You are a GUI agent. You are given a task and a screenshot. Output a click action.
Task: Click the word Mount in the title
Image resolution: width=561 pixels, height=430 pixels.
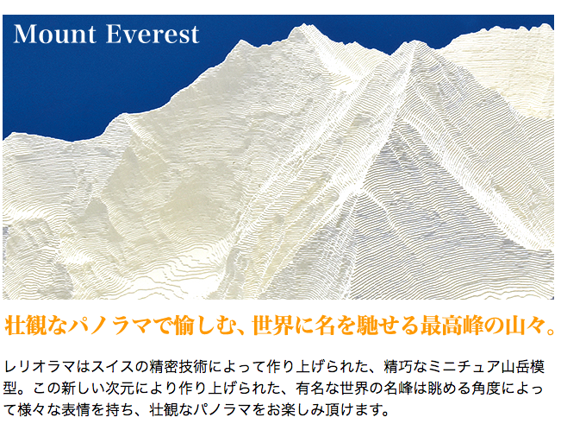[x=55, y=35]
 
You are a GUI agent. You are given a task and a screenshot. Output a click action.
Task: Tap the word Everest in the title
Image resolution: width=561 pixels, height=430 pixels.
[x=153, y=35]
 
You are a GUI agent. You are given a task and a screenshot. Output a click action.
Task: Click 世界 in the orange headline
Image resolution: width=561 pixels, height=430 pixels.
[x=270, y=325]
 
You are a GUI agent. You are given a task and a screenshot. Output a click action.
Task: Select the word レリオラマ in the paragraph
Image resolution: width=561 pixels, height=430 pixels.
[x=40, y=366]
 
